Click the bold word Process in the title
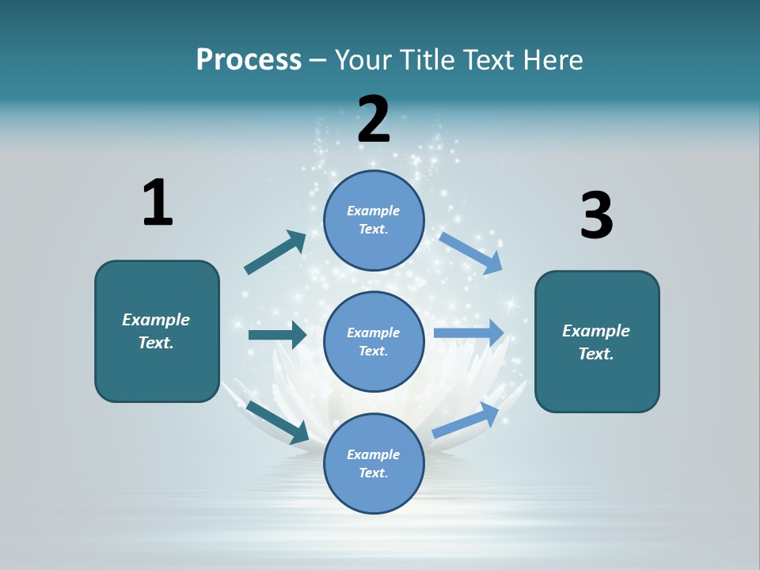pos(249,60)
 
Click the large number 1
pos(158,203)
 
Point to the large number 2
pos(374,120)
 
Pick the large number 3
pos(596,215)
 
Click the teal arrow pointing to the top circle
pos(275,253)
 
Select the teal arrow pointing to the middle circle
pos(277,335)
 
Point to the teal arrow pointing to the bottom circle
pos(278,422)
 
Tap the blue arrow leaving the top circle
pos(471,253)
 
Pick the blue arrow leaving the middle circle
pos(469,333)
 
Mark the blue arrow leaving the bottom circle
pos(465,420)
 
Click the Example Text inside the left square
pos(156,331)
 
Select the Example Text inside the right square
pos(596,342)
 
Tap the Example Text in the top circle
pos(374,219)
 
